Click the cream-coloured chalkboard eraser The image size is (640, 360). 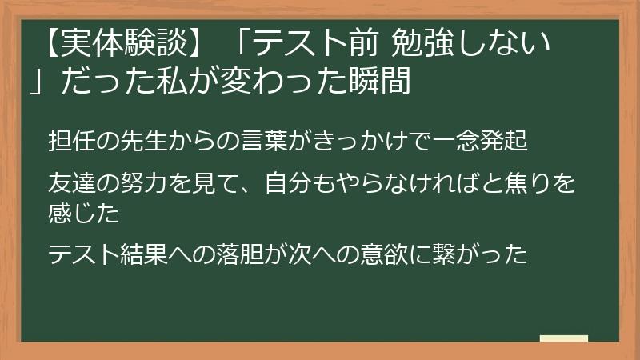(563, 339)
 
